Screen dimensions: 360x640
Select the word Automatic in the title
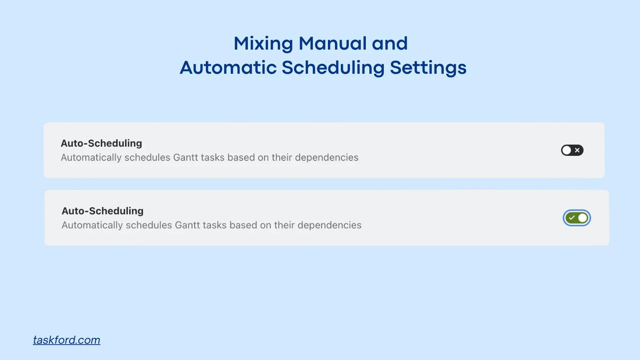click(227, 67)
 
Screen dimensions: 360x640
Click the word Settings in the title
click(428, 68)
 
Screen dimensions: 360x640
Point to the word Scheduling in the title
click(333, 68)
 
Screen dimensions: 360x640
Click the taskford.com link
click(67, 340)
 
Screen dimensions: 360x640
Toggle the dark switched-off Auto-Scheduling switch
click(572, 150)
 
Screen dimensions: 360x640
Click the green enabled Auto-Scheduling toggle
click(577, 218)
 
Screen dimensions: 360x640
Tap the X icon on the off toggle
click(577, 150)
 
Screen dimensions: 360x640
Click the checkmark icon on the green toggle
click(572, 218)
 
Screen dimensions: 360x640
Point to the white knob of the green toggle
click(582, 218)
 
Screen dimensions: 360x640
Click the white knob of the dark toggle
click(567, 150)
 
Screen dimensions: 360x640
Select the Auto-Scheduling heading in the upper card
click(101, 143)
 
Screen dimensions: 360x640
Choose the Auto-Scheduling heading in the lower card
click(102, 211)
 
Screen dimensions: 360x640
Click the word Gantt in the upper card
click(185, 157)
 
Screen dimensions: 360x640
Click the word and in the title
click(390, 43)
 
